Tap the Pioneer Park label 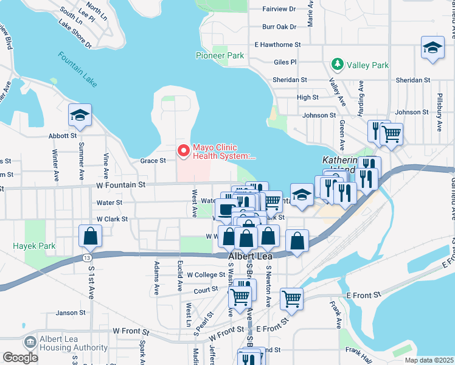(220, 56)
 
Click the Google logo (20, 357)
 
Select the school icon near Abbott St (80, 114)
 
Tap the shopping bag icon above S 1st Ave (90, 237)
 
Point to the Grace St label (153, 161)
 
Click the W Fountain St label (120, 184)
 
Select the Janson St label (67, 313)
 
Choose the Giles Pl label (285, 62)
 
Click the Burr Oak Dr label (279, 27)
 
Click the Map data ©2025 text (428, 360)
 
